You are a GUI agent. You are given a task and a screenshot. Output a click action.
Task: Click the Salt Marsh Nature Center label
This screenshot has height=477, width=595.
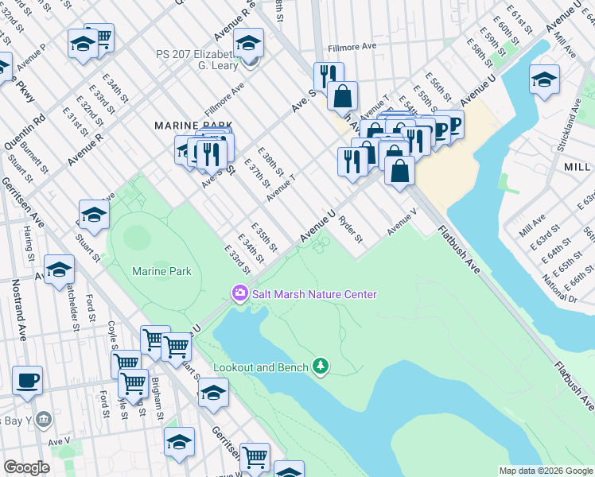click(x=314, y=294)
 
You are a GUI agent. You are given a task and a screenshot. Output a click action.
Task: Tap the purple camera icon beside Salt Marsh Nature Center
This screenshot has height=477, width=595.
click(x=239, y=294)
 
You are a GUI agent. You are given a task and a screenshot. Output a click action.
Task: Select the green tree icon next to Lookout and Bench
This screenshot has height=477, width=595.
click(x=321, y=366)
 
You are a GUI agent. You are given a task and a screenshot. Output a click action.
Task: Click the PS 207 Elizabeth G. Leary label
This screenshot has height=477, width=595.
click(x=197, y=60)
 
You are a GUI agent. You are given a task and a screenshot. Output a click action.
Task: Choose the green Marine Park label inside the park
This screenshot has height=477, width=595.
click(x=161, y=271)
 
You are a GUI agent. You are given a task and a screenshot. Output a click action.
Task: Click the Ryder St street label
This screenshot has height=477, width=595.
click(x=351, y=229)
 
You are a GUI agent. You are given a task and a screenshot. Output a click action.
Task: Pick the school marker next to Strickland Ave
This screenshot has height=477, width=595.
click(x=544, y=79)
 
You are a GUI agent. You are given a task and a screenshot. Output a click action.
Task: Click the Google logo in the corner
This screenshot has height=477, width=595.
click(x=26, y=467)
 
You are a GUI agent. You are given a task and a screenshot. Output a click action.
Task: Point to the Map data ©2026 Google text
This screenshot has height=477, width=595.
click(x=545, y=471)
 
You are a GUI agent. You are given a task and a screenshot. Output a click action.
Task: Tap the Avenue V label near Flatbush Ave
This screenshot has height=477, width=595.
click(x=402, y=222)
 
